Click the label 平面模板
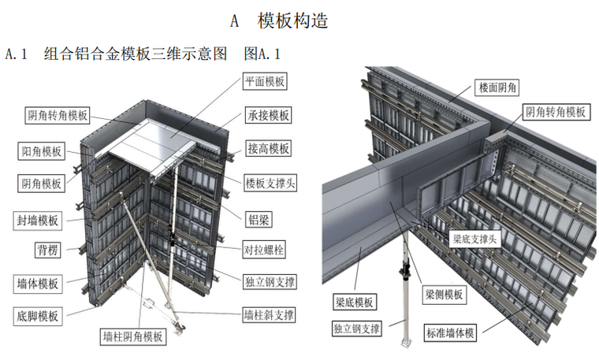click(x=265, y=81)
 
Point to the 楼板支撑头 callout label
click(x=270, y=182)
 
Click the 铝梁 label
click(x=256, y=214)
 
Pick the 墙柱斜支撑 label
click(x=269, y=314)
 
